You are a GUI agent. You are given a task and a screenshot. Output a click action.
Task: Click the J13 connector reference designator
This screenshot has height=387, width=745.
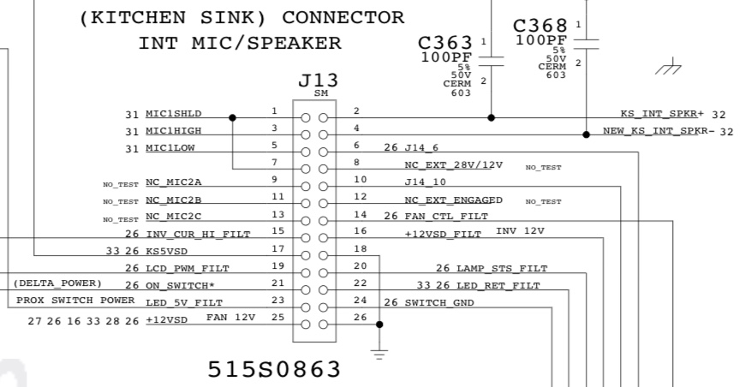(x=318, y=80)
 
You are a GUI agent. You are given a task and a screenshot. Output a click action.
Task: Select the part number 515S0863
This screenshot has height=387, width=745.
(x=274, y=370)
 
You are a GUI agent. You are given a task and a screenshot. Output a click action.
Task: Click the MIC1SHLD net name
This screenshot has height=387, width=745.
(x=174, y=113)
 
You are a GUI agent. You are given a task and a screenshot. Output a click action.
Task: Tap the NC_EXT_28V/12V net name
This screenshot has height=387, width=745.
(x=453, y=164)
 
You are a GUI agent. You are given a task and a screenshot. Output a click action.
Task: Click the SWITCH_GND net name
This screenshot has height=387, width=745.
(x=439, y=302)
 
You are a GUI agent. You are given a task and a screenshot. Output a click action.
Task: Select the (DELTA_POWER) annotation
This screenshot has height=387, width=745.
(x=58, y=283)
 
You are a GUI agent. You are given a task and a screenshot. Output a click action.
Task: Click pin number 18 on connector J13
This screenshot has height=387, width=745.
(x=360, y=248)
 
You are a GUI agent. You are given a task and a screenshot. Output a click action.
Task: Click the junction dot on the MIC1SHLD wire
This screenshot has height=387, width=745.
(x=233, y=117)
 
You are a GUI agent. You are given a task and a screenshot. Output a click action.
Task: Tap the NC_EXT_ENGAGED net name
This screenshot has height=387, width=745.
(x=453, y=199)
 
